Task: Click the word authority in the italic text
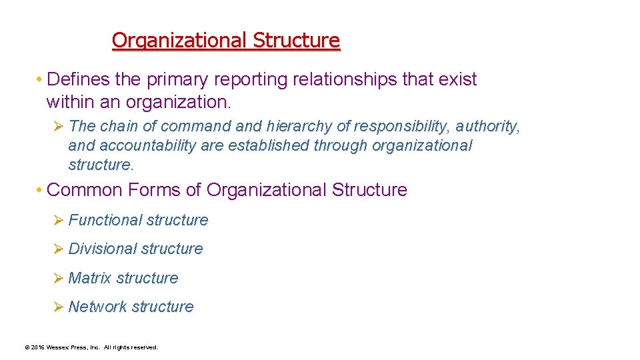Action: [x=487, y=126]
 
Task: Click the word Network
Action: [x=97, y=307]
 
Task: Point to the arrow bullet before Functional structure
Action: [x=57, y=220]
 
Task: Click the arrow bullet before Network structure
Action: [x=57, y=307]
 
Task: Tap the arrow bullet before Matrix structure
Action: [x=57, y=278]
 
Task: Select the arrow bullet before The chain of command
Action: [x=57, y=126]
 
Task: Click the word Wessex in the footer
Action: [x=58, y=347]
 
